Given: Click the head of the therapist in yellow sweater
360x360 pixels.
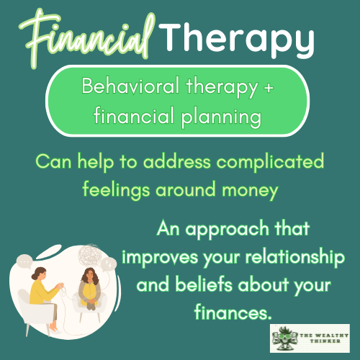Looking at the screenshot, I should pos(39,276).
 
